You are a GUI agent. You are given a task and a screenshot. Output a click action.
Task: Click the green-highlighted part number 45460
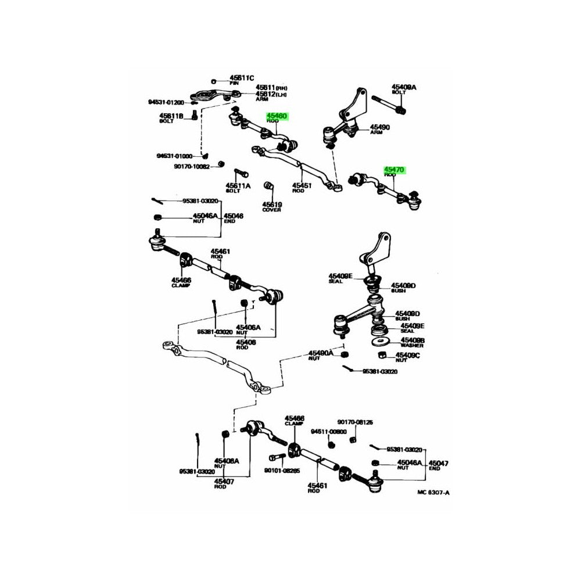tap(277, 116)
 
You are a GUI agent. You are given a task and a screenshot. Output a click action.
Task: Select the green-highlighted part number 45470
tap(394, 169)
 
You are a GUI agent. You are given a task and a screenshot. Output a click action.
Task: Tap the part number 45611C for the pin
tap(241, 78)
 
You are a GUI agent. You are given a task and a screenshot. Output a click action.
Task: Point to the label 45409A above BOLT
tap(404, 87)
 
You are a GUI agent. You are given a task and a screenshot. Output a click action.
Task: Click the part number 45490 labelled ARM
tap(381, 127)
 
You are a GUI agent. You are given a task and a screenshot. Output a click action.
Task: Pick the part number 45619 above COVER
tap(271, 205)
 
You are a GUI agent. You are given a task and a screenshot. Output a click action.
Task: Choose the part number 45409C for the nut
tap(407, 355)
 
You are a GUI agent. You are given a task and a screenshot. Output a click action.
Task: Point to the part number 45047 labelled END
tap(439, 463)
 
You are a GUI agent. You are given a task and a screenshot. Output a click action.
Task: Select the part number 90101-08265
tap(282, 471)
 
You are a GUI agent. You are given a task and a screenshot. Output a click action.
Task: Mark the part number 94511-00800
tap(328, 432)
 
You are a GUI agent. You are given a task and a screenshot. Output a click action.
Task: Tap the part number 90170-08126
tap(355, 422)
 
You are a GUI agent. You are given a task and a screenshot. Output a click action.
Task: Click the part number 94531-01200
tap(166, 102)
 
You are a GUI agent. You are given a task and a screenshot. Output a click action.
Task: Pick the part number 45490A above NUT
tap(321, 353)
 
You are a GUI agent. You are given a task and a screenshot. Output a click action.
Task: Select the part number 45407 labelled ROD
tap(224, 481)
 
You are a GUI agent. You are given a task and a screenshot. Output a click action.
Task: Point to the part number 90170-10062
tap(191, 166)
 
